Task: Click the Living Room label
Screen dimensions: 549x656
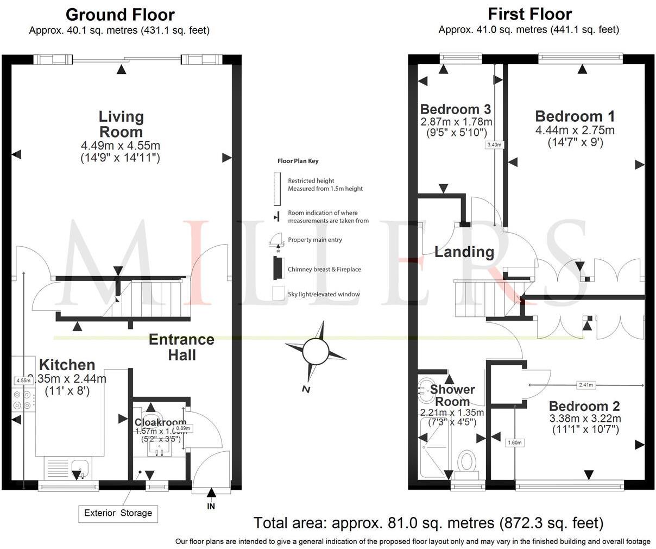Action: [x=121, y=124]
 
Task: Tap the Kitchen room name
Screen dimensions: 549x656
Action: [x=67, y=365]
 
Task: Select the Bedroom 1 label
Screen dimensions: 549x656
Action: [x=575, y=116]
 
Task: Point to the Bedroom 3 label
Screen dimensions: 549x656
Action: [x=456, y=108]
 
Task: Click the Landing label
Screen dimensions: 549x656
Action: [x=464, y=252]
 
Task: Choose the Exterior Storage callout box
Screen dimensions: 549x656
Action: [x=118, y=513]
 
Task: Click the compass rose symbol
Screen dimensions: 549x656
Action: [x=316, y=350]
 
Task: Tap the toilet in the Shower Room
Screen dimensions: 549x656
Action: [x=465, y=461]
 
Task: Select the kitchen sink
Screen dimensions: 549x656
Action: [x=80, y=466]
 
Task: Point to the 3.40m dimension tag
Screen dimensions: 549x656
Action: [x=494, y=145]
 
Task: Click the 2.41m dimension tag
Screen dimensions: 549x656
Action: [x=585, y=385]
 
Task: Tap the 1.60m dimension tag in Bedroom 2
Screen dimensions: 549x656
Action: [x=514, y=442]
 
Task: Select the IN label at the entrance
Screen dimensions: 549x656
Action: [x=211, y=507]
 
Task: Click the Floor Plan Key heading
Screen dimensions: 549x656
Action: [x=298, y=161]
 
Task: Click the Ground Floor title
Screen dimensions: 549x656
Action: [x=120, y=15]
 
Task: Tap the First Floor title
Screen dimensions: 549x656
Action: [x=529, y=14]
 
